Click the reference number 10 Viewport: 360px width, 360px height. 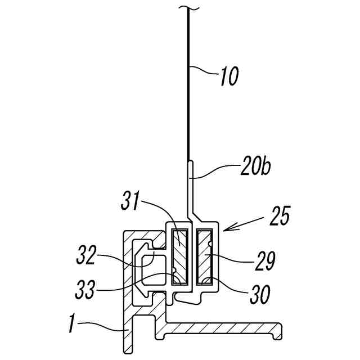point(229,76)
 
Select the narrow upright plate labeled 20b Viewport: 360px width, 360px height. point(191,186)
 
